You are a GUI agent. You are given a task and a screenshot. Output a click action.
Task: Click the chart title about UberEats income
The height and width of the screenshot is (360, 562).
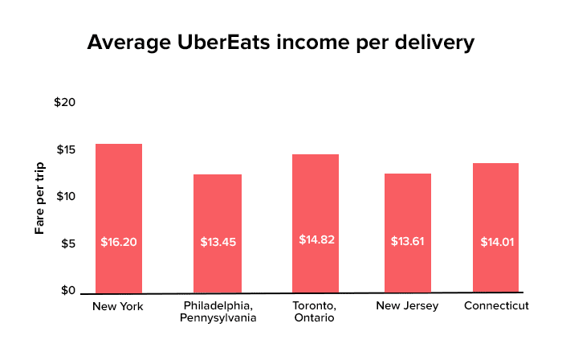pos(280,42)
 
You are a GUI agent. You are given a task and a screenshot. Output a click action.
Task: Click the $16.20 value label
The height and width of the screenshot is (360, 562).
pos(119,241)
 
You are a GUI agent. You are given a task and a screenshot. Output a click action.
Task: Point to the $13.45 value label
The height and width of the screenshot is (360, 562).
pos(218,241)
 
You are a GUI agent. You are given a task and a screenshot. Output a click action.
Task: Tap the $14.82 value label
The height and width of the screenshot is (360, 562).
pos(315,239)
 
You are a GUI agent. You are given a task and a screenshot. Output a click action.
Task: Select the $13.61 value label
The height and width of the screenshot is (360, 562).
pos(408,241)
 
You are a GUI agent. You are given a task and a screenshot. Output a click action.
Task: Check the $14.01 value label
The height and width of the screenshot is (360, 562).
pos(495,241)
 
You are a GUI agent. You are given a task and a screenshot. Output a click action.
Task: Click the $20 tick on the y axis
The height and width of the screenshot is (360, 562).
pos(65,103)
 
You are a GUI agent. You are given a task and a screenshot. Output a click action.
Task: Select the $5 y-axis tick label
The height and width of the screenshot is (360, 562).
pos(68,243)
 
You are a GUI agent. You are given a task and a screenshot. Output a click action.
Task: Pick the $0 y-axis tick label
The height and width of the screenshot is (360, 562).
pos(68,290)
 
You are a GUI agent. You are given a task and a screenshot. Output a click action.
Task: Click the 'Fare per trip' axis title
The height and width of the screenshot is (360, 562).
pos(39,198)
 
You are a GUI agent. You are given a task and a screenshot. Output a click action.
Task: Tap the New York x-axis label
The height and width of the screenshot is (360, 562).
pos(117,306)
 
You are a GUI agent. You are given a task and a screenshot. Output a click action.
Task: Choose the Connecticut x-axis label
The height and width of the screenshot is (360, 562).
pos(497,306)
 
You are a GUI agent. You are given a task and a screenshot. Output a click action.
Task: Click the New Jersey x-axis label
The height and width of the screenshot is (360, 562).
pos(408,306)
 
